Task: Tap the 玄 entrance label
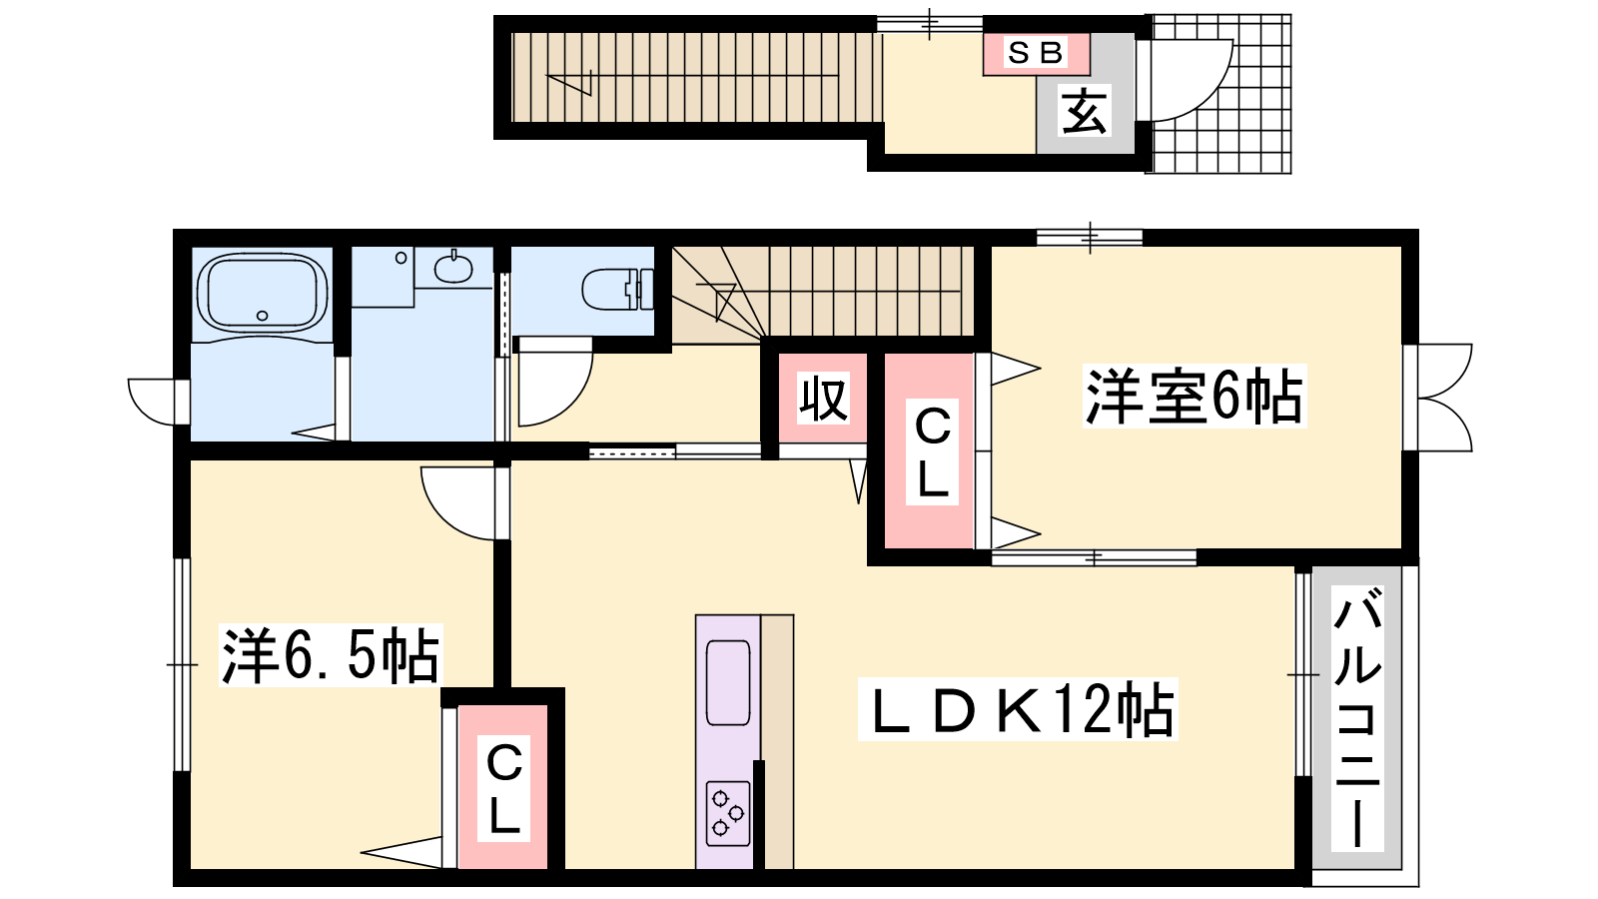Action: click(1085, 111)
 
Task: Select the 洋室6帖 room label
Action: click(1194, 396)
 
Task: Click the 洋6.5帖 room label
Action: click(330, 655)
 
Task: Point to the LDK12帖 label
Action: click(1017, 708)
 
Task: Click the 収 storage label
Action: click(823, 398)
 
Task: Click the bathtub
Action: click(262, 294)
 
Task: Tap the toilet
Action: click(618, 289)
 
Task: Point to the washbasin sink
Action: click(453, 269)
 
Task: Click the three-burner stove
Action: click(728, 813)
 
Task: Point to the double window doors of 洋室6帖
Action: click(1441, 398)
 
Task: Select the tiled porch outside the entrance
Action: click(1219, 94)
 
